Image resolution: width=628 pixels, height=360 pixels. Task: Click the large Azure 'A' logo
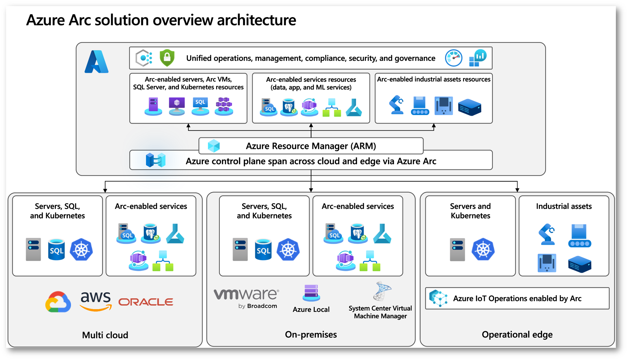(96, 62)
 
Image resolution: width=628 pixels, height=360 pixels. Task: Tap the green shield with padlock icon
(167, 58)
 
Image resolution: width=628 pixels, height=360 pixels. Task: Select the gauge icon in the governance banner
(453, 58)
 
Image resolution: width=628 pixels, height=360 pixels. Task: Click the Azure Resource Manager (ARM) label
(311, 146)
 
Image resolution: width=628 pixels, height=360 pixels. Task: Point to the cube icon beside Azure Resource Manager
(214, 146)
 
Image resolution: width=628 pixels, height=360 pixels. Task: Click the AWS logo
(96, 301)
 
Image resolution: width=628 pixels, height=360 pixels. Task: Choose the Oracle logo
(146, 302)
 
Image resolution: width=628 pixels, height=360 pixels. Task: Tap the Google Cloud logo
(58, 302)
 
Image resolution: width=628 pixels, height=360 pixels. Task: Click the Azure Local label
(311, 309)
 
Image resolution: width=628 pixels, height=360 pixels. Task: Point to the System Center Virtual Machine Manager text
(380, 312)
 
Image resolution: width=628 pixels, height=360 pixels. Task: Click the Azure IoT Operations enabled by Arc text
(517, 298)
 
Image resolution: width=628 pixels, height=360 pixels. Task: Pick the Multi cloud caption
(105, 335)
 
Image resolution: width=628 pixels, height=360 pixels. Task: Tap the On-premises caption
(311, 335)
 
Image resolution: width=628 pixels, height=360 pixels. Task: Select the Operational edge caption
(517, 335)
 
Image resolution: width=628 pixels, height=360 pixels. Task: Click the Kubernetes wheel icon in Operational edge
(483, 249)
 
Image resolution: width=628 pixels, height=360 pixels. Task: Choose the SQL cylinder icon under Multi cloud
(56, 250)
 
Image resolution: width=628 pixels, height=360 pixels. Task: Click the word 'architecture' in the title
(256, 20)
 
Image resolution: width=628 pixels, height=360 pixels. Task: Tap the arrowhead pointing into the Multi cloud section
(105, 190)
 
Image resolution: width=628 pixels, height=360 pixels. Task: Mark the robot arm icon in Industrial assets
(547, 234)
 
